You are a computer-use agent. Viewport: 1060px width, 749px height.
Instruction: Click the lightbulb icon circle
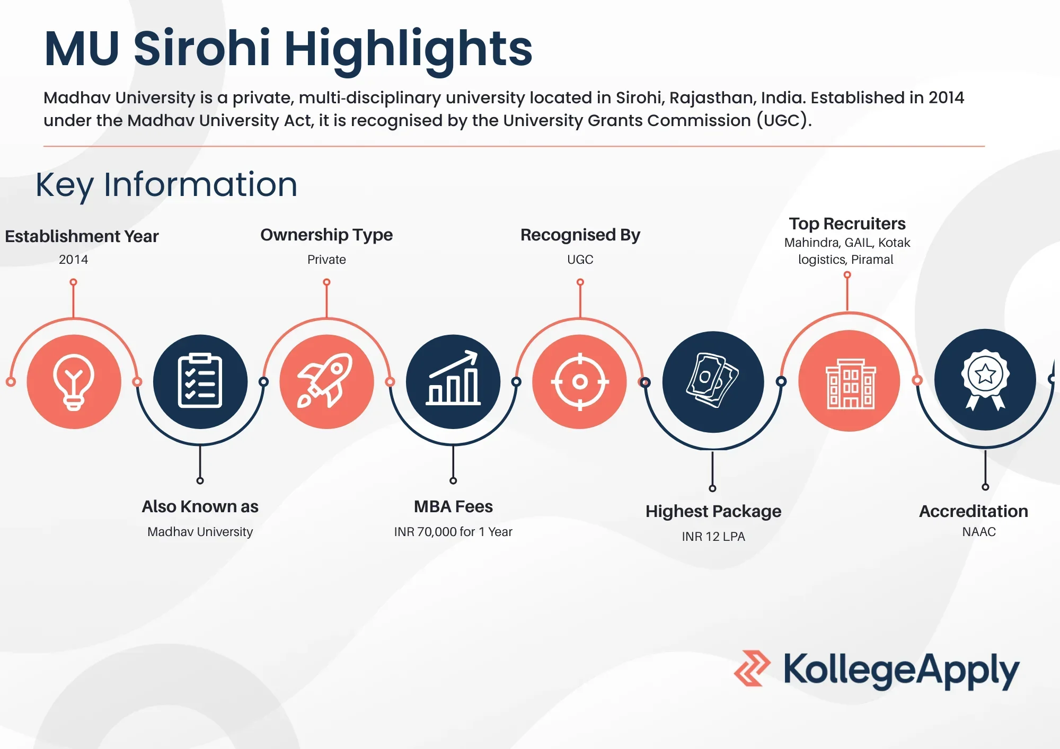tap(74, 381)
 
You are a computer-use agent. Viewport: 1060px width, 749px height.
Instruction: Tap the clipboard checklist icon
tap(200, 380)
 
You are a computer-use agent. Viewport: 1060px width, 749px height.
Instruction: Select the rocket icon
tap(325, 380)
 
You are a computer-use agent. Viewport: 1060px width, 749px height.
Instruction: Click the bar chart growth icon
tap(453, 378)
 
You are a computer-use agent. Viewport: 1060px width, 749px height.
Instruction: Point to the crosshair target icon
tap(580, 381)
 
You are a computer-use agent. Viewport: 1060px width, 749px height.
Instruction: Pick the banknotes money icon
tap(712, 380)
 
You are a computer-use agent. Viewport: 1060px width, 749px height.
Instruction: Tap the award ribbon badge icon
tap(985, 379)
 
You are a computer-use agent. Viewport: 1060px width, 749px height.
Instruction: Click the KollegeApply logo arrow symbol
tap(753, 668)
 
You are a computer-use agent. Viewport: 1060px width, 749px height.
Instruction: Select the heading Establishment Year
tap(82, 236)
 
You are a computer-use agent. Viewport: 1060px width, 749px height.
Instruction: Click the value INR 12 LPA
tap(713, 537)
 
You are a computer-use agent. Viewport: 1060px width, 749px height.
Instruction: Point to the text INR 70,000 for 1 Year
tap(453, 532)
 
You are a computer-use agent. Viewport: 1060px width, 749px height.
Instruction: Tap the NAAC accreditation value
tap(979, 532)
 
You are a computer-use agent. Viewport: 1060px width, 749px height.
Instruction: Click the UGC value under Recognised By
tap(580, 260)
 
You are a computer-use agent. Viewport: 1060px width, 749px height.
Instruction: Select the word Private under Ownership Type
tap(326, 260)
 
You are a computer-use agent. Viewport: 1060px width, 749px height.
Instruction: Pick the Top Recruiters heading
tap(847, 224)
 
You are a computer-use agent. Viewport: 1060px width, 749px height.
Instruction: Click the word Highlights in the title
tap(408, 49)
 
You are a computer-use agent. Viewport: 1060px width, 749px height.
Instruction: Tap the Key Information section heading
tap(166, 185)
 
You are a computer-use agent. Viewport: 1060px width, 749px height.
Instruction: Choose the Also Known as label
tap(200, 506)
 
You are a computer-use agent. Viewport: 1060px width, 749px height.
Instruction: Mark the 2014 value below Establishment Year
tap(74, 260)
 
